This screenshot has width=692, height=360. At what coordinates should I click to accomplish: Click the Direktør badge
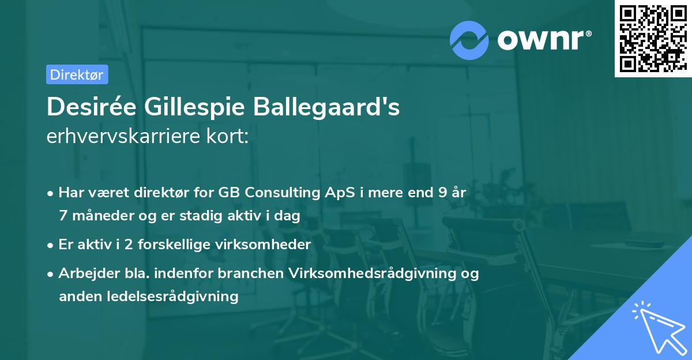point(77,74)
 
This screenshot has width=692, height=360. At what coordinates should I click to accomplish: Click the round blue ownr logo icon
point(469,40)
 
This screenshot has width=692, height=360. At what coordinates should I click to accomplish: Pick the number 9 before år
point(442,193)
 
